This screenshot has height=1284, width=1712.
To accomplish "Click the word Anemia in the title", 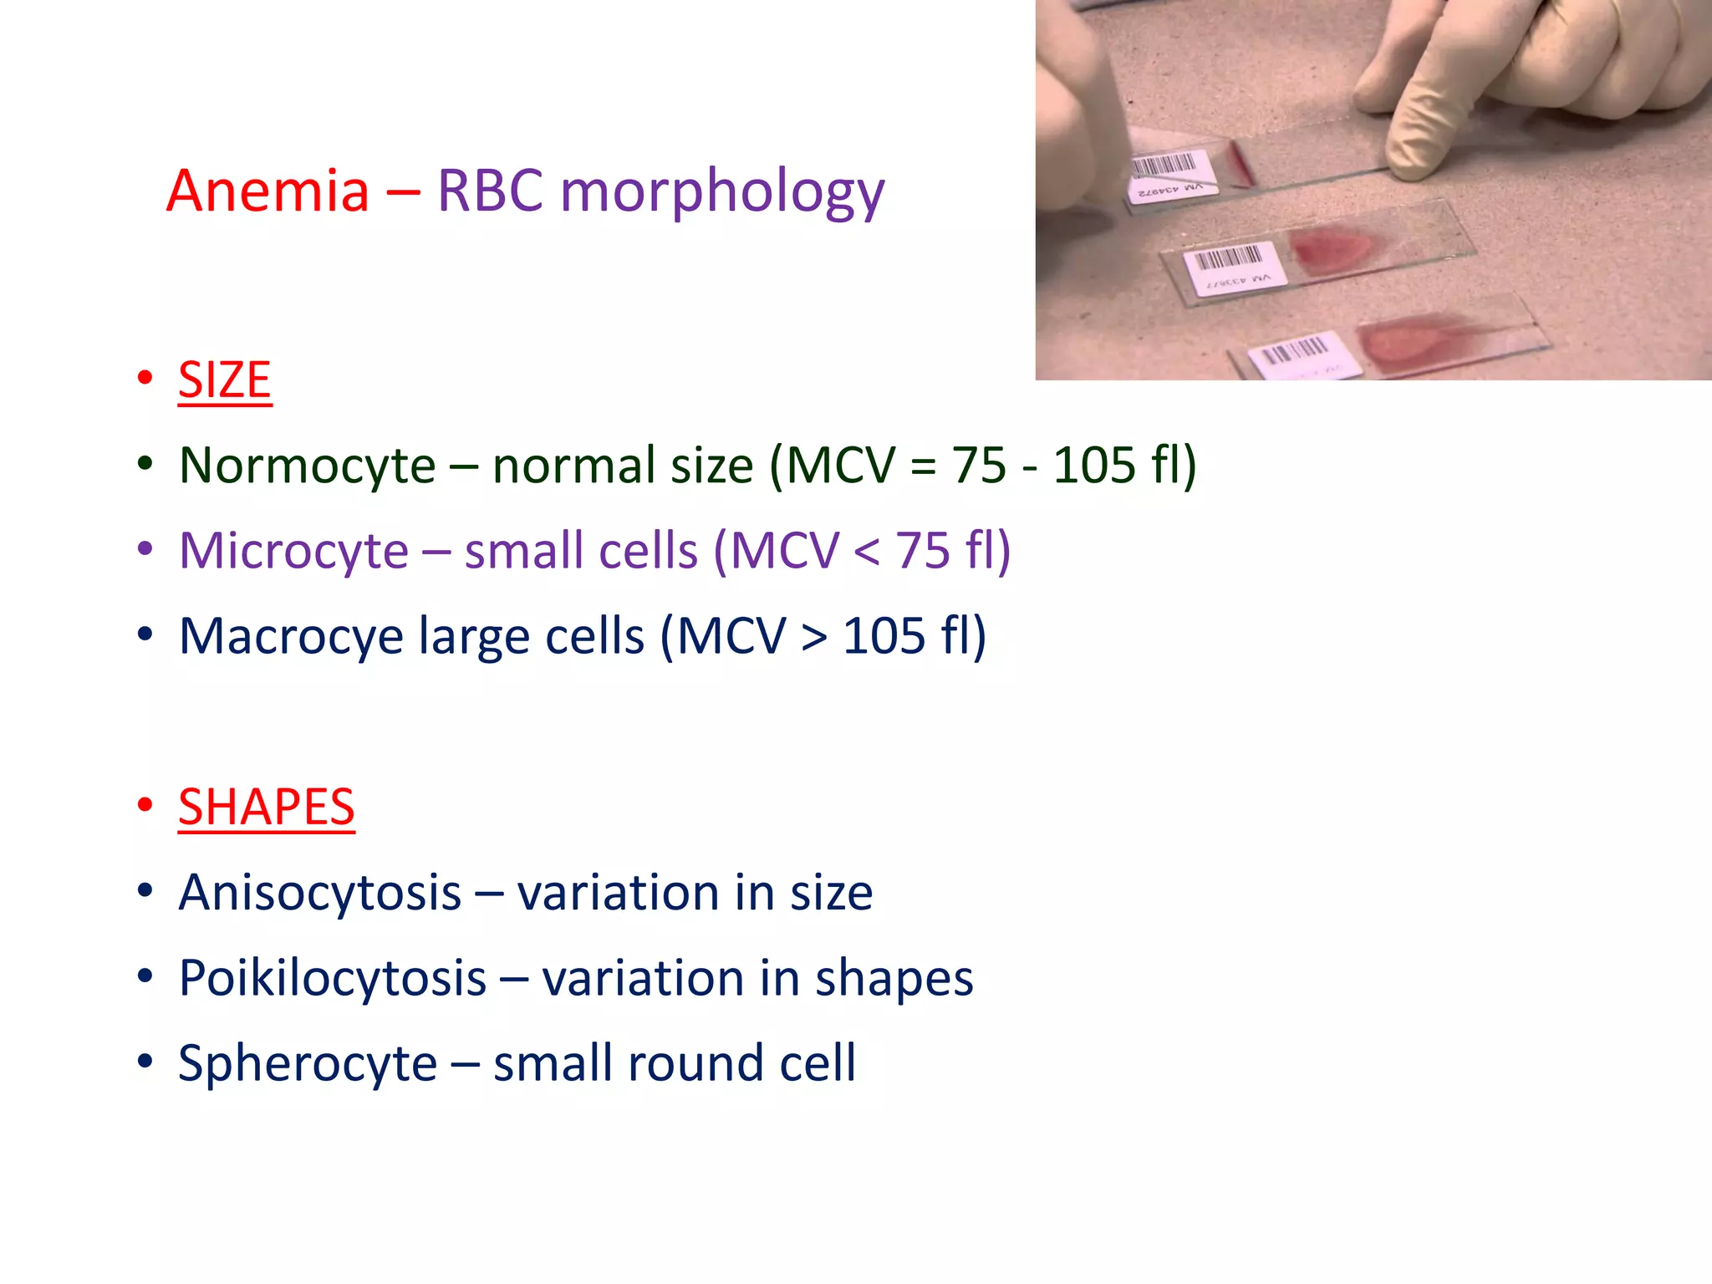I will click(x=267, y=191).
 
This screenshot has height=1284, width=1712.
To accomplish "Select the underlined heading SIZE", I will click(x=224, y=380).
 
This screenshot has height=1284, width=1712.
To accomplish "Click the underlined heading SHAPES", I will click(x=266, y=808).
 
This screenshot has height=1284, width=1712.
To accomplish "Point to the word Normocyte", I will click(x=307, y=466).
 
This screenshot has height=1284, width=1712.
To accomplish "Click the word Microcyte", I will click(x=293, y=551).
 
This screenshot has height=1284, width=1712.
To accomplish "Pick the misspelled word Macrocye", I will click(x=292, y=637).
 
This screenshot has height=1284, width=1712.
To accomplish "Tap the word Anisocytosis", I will click(x=319, y=893).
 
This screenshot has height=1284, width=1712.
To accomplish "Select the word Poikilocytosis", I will click(x=332, y=978).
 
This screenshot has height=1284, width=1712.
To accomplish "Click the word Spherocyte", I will click(x=307, y=1064).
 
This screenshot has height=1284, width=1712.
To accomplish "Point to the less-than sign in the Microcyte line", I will click(x=867, y=552).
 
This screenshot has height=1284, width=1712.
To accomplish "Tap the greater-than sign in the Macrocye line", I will click(x=813, y=637).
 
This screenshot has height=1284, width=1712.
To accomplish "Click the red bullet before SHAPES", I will click(x=145, y=805).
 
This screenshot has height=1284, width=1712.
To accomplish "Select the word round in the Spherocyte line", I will click(x=695, y=1064).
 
